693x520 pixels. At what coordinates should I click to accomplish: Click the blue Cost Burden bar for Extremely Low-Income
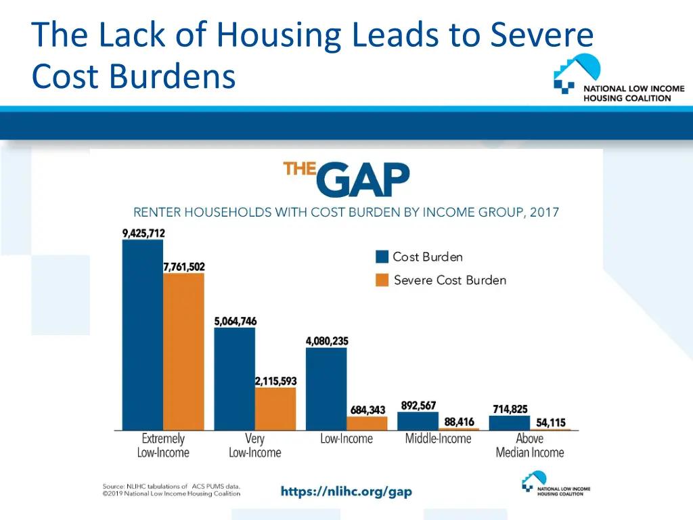(x=143, y=335)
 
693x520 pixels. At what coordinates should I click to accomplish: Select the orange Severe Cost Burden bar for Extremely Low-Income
(x=183, y=351)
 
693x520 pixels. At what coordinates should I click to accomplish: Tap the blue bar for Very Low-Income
(x=234, y=379)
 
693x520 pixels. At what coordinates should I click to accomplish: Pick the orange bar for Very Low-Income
(x=275, y=409)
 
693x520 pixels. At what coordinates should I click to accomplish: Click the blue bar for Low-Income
(x=326, y=389)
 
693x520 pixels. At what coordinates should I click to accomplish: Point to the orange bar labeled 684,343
(x=367, y=423)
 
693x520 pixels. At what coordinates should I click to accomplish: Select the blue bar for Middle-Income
(x=418, y=421)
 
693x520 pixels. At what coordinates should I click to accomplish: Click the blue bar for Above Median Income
(x=510, y=422)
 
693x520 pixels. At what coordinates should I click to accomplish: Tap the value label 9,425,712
(x=143, y=234)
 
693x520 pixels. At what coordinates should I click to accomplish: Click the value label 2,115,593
(x=275, y=381)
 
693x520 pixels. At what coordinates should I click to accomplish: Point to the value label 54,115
(x=551, y=422)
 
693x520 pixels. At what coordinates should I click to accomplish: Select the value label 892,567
(x=418, y=406)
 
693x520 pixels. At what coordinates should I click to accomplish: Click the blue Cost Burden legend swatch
(x=382, y=257)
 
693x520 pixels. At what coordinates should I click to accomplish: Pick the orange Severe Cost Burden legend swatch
(x=382, y=280)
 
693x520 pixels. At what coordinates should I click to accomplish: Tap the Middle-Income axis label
(x=438, y=439)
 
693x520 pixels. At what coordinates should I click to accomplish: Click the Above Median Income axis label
(x=530, y=446)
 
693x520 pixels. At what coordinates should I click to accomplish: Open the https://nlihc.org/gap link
(x=346, y=492)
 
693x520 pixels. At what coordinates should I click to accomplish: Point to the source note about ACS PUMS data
(x=171, y=490)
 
